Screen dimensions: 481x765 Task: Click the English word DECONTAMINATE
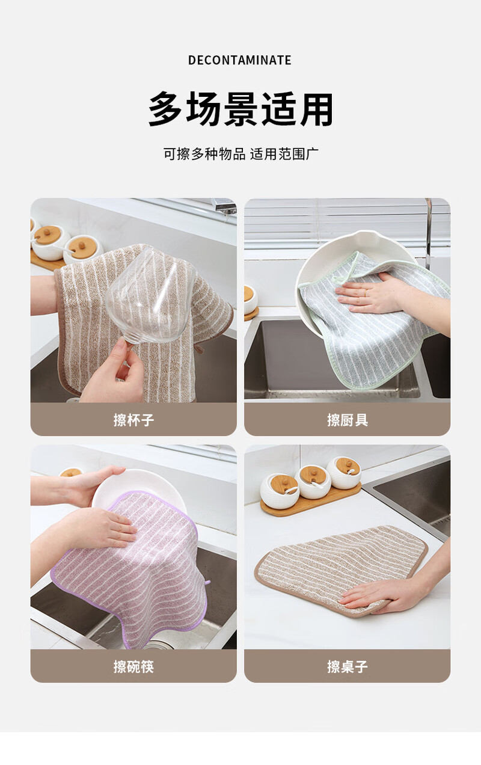coord(240,60)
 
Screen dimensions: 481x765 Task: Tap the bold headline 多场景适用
coord(240,109)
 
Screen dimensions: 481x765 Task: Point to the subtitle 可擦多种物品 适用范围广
coord(240,154)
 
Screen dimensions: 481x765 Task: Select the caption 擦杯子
coord(133,420)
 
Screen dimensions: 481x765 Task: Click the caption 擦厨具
coord(347,420)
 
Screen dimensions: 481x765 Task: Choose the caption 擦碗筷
coord(133,666)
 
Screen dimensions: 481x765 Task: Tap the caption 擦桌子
coord(347,666)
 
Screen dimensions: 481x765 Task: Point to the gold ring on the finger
coord(366,292)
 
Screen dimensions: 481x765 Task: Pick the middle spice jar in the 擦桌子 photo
coord(313,482)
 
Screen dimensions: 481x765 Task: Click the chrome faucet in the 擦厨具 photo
coord(428,232)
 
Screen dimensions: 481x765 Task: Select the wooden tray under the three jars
coord(311,500)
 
